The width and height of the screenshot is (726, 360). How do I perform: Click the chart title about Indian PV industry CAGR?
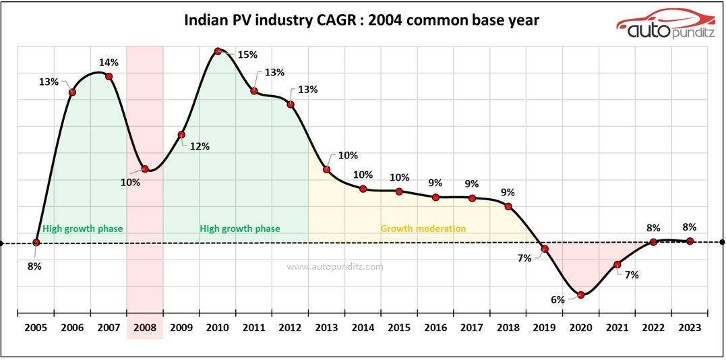(361, 20)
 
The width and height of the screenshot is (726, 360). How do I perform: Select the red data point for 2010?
(218, 51)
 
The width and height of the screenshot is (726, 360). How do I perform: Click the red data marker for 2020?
(581, 295)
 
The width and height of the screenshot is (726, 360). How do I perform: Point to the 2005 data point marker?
(36, 242)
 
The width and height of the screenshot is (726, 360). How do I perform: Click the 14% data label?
(109, 63)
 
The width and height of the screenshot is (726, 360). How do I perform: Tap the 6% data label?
(557, 299)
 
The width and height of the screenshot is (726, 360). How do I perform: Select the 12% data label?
(200, 146)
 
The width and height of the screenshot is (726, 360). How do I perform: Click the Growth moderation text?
(423, 229)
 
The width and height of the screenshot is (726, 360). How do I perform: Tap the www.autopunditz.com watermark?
(335, 266)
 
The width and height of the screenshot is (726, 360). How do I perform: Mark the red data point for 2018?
(508, 206)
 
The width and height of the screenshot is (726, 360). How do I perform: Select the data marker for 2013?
(326, 169)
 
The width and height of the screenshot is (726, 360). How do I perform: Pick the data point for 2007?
(109, 76)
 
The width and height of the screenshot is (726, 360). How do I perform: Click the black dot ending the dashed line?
(721, 242)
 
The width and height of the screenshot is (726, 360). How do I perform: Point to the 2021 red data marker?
(617, 265)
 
